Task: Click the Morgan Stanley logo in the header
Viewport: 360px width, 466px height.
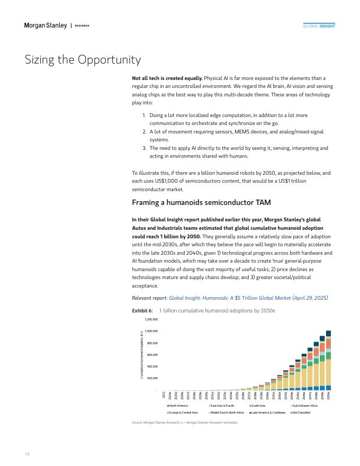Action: click(x=46, y=25)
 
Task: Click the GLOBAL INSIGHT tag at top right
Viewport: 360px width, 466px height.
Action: click(x=319, y=25)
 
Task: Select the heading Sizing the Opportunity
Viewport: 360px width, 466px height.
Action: click(x=83, y=59)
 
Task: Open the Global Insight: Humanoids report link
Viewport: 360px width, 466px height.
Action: click(x=248, y=298)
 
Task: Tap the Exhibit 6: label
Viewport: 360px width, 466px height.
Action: click(x=142, y=310)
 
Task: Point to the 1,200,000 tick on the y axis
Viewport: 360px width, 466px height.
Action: click(x=151, y=320)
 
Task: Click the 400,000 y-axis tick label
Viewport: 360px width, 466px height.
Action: click(x=152, y=366)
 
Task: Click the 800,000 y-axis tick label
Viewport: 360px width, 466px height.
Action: click(x=152, y=343)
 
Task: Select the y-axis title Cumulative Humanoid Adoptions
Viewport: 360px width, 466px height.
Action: click(x=141, y=355)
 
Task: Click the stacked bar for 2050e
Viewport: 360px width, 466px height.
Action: click(x=328, y=361)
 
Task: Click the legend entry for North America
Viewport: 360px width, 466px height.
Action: click(x=178, y=406)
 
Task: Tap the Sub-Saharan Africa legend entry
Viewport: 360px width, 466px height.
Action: click(x=304, y=406)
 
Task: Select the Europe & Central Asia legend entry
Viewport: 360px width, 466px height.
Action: click(x=183, y=413)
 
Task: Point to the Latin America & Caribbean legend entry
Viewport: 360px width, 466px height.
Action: click(x=268, y=413)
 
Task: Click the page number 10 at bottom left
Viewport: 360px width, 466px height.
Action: click(x=27, y=454)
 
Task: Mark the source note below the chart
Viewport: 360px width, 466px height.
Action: click(x=184, y=423)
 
